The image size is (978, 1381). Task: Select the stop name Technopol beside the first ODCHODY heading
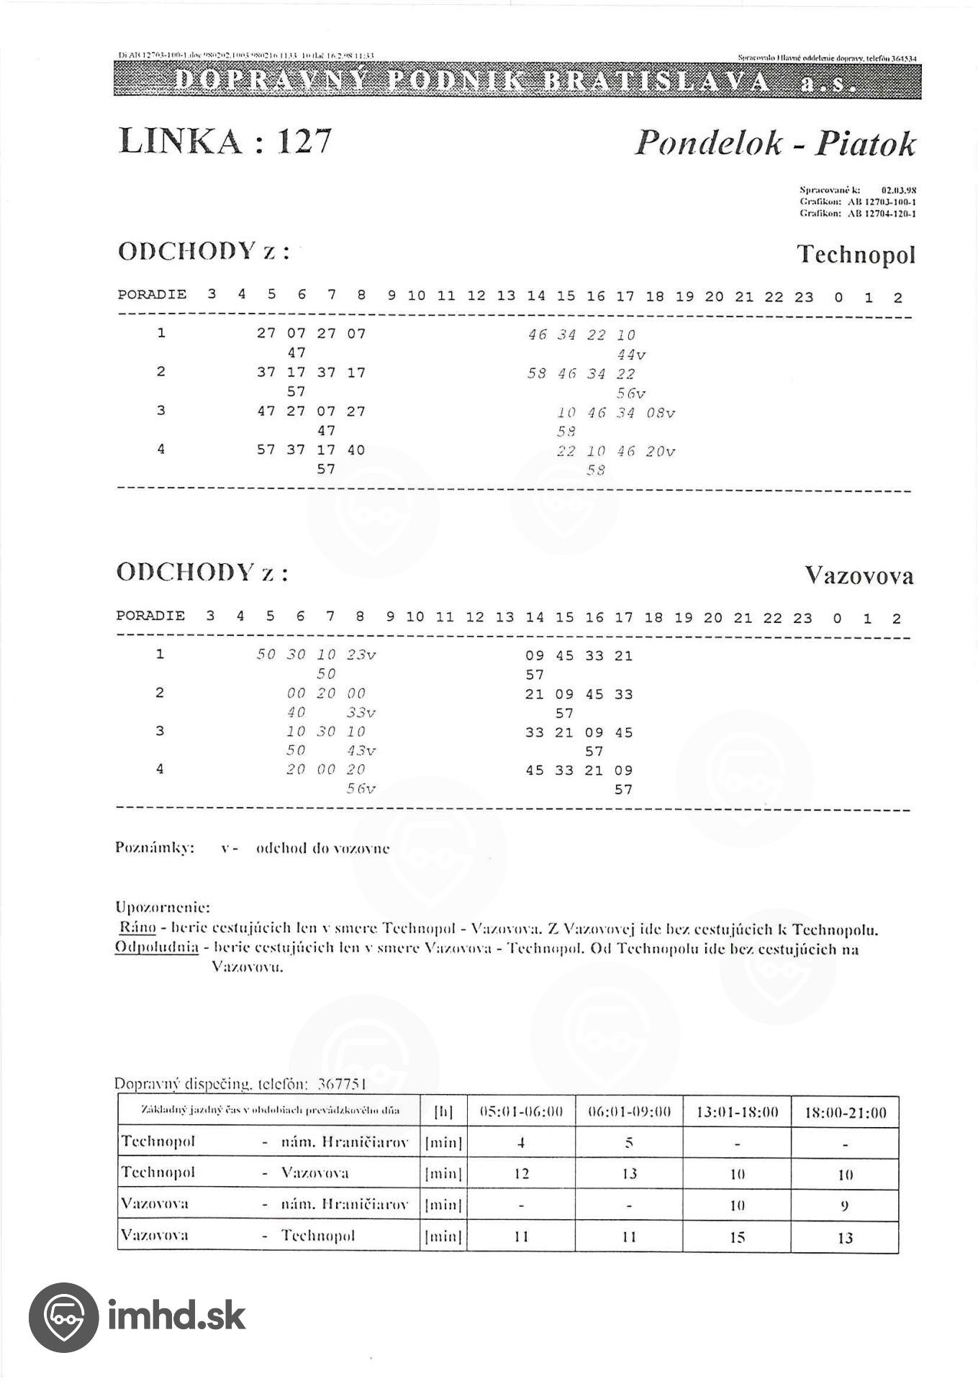coord(856,255)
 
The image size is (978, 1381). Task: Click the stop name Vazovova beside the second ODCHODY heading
coord(859,575)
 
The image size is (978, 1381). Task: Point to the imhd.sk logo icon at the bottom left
coord(63,1317)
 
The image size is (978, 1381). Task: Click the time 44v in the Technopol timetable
coord(631,355)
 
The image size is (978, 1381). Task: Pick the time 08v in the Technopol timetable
coord(660,413)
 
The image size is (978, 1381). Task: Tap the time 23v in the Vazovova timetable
coord(361,655)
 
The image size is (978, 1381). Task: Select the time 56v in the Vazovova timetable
coord(361,789)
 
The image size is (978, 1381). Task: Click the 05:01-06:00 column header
coord(521,1112)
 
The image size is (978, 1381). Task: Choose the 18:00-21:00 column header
coord(845,1113)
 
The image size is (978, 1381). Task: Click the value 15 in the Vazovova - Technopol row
coord(737,1237)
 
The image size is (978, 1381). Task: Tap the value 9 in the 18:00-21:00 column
coord(845,1205)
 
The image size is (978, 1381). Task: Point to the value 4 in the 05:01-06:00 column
coord(521,1142)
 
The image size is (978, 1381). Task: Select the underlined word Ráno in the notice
coord(137,929)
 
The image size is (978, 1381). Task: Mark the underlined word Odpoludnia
coord(156,947)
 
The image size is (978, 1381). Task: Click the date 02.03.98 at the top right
coord(898,191)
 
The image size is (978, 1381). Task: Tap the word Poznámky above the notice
coord(155,848)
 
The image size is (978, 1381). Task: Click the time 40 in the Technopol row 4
coord(356,450)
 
